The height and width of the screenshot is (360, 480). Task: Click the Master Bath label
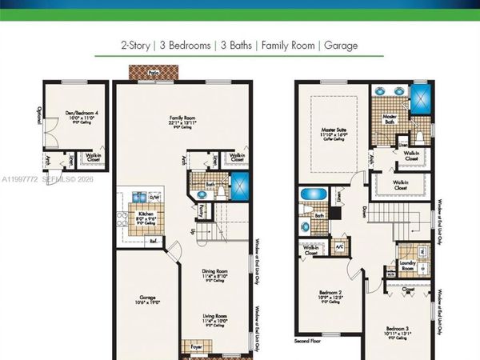pyautogui.click(x=390, y=118)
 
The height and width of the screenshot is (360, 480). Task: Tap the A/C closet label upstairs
pyautogui.click(x=339, y=247)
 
